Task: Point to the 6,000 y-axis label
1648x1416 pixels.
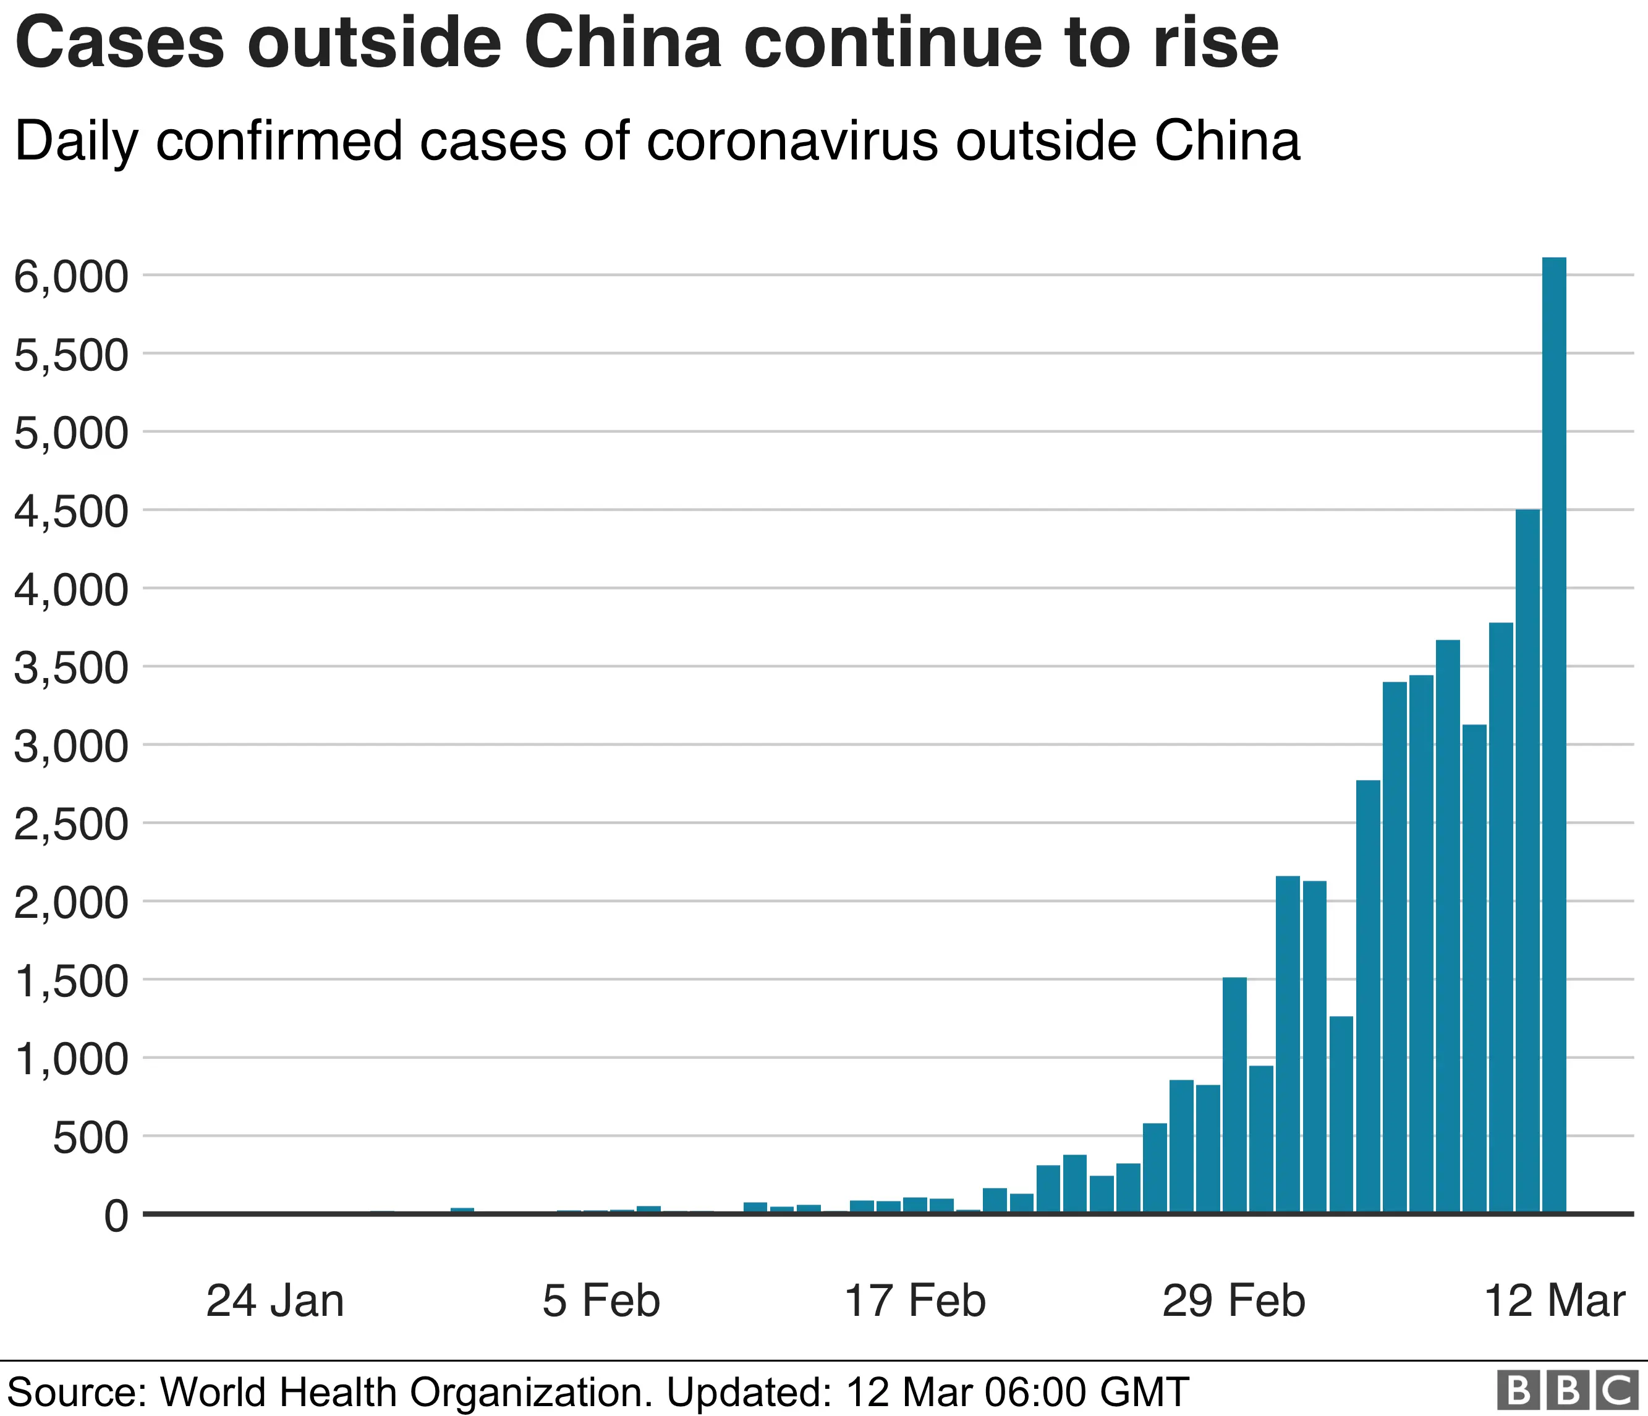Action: (x=72, y=278)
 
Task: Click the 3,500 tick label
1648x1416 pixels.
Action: (x=72, y=669)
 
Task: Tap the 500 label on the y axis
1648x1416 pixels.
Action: (x=90, y=1138)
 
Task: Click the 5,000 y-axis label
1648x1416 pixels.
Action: (x=72, y=434)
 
